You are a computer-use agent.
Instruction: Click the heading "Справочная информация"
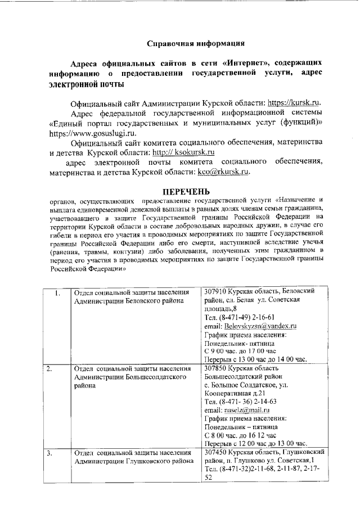(195, 43)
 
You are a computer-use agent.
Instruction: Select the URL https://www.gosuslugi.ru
(92, 134)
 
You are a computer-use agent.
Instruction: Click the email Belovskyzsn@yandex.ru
(260, 326)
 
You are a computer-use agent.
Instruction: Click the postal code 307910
(217, 291)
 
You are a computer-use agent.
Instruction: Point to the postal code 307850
(217, 368)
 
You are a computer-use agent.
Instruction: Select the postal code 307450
(217, 452)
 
